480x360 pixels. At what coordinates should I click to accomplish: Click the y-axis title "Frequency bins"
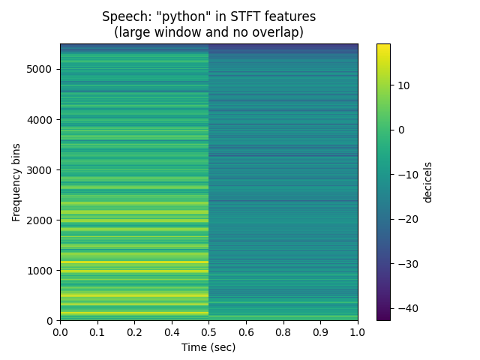tap(16, 182)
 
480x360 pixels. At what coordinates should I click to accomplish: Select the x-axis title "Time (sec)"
tap(208, 347)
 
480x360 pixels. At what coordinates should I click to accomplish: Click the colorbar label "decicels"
tap(428, 182)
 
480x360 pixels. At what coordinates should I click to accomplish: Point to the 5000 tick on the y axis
tap(43, 69)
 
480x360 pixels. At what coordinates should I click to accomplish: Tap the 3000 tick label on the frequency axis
tap(43, 170)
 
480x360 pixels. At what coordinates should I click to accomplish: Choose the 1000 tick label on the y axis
tap(43, 271)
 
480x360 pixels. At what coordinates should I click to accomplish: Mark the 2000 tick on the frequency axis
tap(43, 220)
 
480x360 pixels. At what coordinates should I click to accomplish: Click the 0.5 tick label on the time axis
tap(208, 331)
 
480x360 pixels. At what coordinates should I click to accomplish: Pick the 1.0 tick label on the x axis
tap(358, 331)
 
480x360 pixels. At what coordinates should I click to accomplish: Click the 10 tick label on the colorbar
tap(403, 85)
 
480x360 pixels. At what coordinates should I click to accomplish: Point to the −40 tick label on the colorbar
tap(406, 308)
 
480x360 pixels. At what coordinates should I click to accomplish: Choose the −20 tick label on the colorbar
tap(406, 219)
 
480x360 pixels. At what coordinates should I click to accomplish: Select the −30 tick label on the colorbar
tap(406, 264)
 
